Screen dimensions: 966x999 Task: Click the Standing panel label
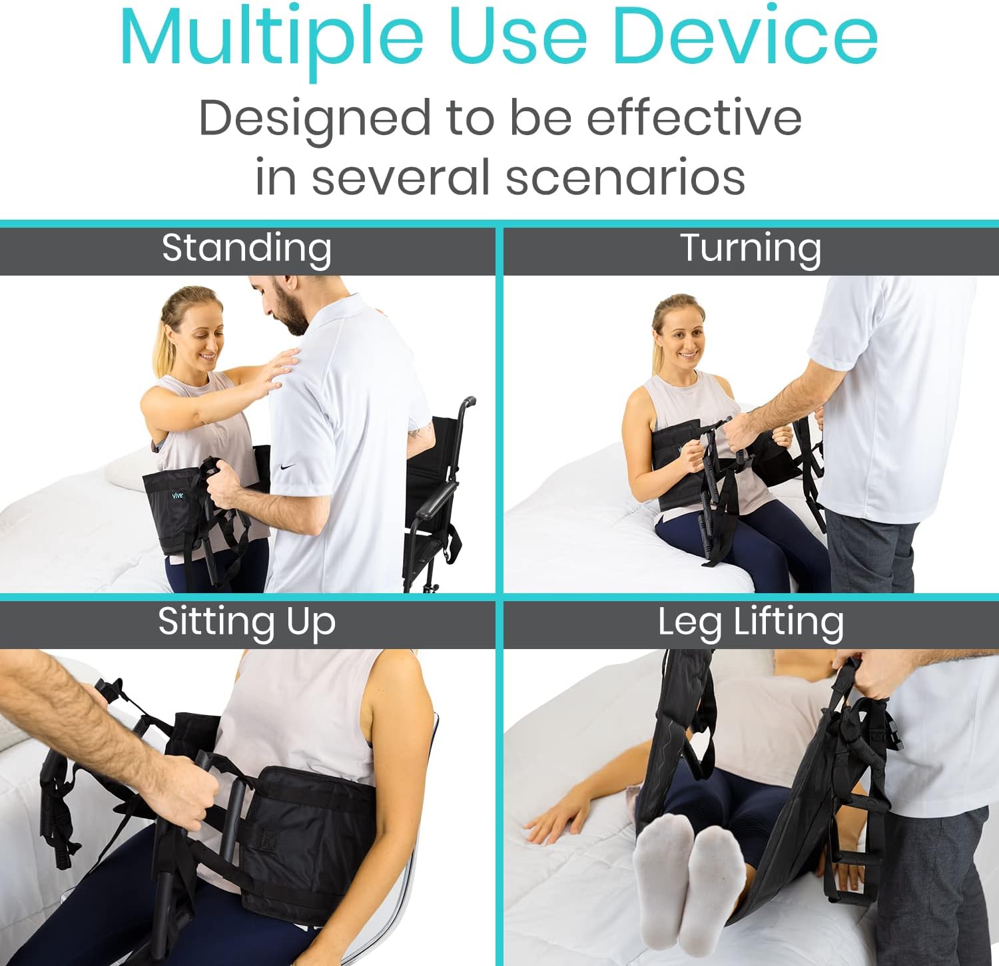246,248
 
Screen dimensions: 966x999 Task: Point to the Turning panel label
751,248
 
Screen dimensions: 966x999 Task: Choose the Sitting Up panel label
246,622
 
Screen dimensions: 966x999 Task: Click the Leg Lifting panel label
751,622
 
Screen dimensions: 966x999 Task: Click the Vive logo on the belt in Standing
177,495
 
